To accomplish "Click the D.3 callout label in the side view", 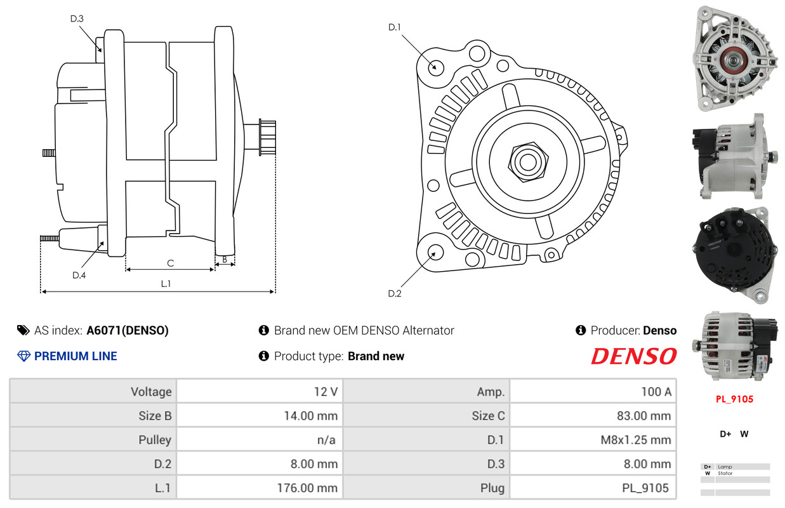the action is (77, 18).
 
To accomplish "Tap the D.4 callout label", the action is (79, 275).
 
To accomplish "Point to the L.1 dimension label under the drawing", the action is (166, 284).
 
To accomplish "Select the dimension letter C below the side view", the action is (171, 264).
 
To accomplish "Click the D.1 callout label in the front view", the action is (394, 27).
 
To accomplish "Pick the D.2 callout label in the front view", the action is (394, 293).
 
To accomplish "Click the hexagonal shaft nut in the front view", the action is (528, 162).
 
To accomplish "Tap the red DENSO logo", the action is (633, 356).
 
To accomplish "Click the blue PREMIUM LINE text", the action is (76, 356).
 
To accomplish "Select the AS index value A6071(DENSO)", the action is (128, 331).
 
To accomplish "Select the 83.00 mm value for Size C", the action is (643, 416).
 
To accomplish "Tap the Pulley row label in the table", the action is (155, 440).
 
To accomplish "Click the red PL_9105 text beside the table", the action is (734, 399).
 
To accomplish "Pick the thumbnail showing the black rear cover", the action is (734, 255).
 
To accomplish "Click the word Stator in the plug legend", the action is (725, 473).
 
